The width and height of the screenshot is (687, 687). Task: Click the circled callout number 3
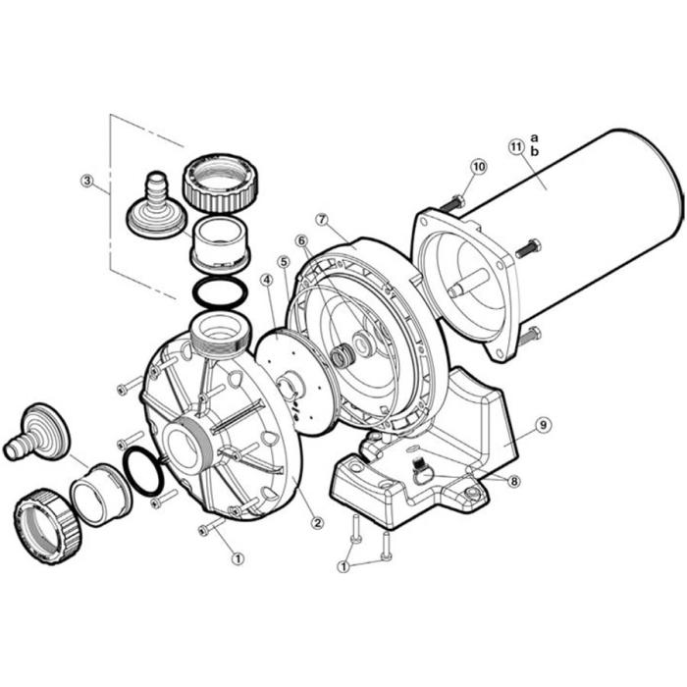coord(87,181)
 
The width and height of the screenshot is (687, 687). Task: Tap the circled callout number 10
coord(478,167)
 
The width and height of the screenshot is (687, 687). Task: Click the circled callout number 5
coord(283,261)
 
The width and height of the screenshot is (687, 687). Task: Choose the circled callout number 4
coord(265,280)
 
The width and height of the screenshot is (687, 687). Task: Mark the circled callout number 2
coord(317,522)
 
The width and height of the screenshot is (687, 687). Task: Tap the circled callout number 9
coord(543,425)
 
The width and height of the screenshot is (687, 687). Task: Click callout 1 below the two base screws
coord(343,566)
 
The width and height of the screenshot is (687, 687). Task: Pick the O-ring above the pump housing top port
coord(215,291)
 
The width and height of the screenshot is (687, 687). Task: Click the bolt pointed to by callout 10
coord(453,204)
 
